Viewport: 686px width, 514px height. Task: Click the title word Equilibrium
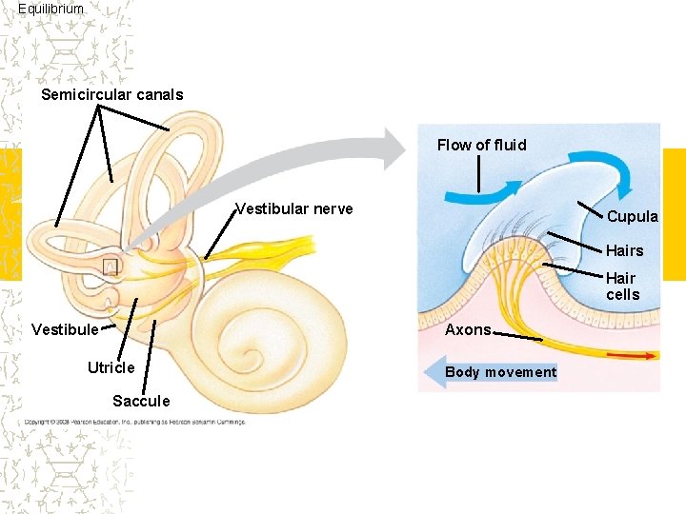pos(50,9)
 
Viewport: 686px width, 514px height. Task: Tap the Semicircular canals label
pos(112,94)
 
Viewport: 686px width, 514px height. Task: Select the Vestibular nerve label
pos(294,208)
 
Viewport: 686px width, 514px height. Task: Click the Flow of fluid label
pos(481,145)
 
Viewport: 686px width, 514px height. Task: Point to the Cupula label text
pos(633,216)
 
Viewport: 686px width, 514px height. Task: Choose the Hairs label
pos(625,250)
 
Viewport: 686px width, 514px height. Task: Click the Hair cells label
pos(622,287)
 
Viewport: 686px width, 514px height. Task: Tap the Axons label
pos(469,329)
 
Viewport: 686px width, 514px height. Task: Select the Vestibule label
pos(65,329)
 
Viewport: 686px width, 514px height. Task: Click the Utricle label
pos(111,367)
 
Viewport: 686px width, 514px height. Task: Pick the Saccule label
pos(141,401)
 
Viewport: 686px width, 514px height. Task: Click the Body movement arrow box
pos(501,371)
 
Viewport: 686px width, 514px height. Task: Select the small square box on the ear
pos(111,267)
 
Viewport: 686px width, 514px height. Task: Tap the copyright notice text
pos(134,421)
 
